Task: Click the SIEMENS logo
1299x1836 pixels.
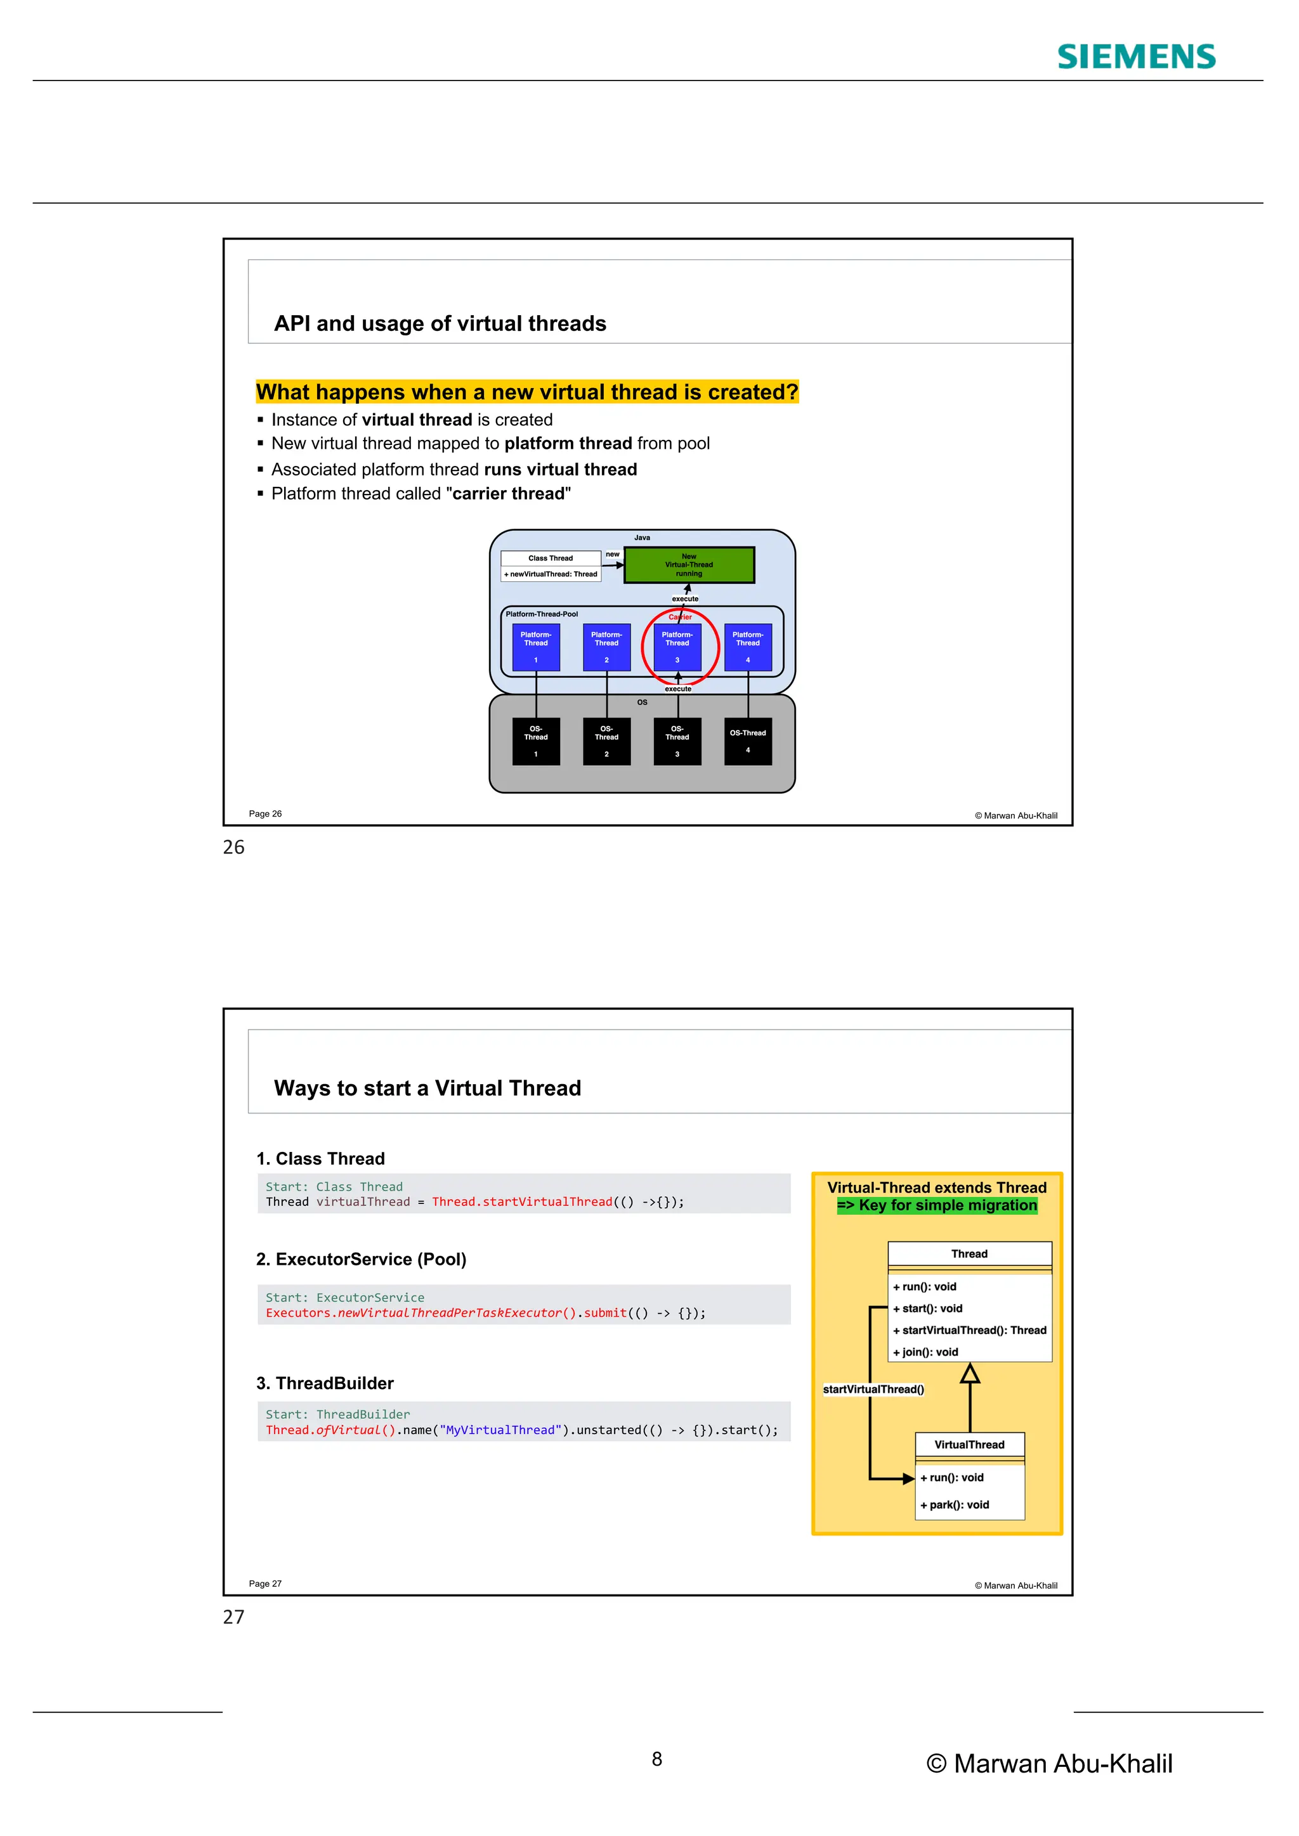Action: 1136,57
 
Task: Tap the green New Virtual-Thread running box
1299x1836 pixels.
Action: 689,564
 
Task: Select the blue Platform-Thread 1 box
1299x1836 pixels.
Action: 536,647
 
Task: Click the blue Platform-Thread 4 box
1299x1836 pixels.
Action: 748,647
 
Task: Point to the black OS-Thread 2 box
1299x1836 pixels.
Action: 606,741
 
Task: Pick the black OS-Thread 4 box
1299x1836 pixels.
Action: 748,741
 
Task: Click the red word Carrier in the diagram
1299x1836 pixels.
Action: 680,616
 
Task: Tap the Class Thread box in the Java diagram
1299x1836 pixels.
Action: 551,558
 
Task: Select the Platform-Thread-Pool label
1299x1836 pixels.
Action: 542,614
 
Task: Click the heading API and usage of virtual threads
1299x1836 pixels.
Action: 440,323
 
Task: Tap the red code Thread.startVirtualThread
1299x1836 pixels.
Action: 521,1202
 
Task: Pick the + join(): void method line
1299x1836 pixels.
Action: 925,1352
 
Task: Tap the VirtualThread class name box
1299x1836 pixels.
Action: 969,1444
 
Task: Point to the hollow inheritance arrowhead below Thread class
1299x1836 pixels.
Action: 970,1374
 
